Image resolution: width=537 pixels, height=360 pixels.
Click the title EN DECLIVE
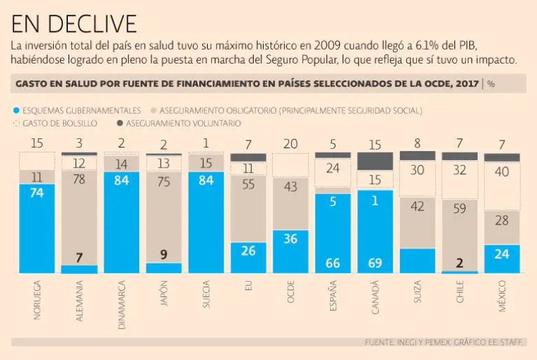click(73, 24)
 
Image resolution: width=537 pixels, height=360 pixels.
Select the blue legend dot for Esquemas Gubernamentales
click(17, 110)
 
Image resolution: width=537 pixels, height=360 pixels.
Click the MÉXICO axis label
click(502, 296)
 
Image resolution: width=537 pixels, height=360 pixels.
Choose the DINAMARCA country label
click(122, 305)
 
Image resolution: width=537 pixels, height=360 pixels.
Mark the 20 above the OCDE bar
click(291, 144)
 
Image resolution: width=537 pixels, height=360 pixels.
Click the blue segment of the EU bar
click(248, 257)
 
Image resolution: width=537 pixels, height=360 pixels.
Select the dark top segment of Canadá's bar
click(375, 161)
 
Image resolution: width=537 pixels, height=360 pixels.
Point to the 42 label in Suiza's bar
click(417, 206)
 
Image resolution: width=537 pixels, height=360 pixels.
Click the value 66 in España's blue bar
click(333, 263)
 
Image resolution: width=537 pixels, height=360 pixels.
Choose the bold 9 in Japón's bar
click(164, 255)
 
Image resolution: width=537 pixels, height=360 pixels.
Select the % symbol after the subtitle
click(491, 84)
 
